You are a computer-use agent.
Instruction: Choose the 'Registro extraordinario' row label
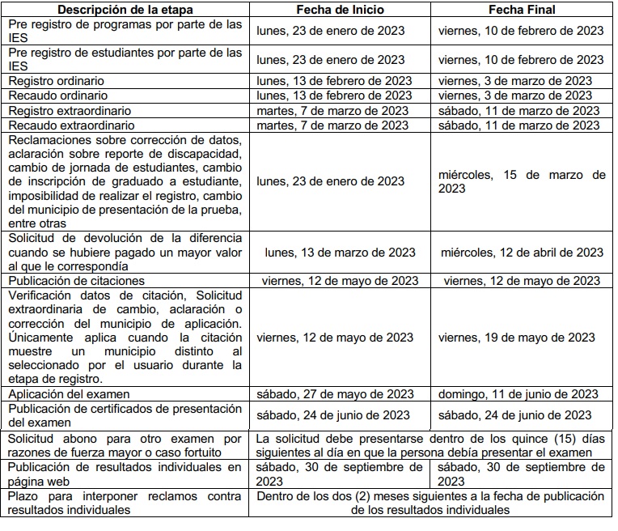click(x=70, y=111)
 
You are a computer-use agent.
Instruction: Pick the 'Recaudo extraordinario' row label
click(x=70, y=125)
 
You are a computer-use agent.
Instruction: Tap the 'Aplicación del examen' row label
click(x=70, y=394)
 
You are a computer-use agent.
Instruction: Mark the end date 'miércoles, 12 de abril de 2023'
click(x=522, y=253)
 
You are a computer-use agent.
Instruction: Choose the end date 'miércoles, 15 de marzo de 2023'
click(x=522, y=181)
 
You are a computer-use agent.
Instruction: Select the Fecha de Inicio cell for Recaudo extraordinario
click(x=332, y=125)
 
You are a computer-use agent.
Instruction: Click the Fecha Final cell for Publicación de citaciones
click(x=522, y=280)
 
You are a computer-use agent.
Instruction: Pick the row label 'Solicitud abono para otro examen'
click(x=125, y=446)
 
